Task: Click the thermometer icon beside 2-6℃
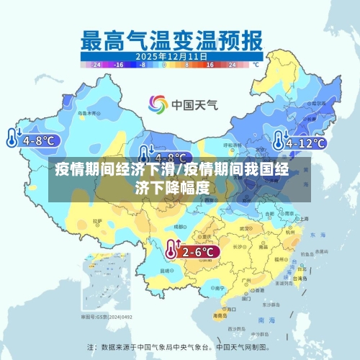point(171,250)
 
